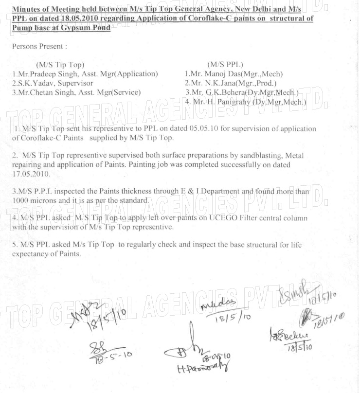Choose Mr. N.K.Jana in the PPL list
[212, 83]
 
